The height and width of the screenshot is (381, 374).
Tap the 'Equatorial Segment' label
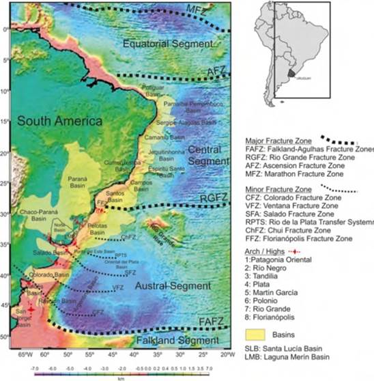point(163,44)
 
